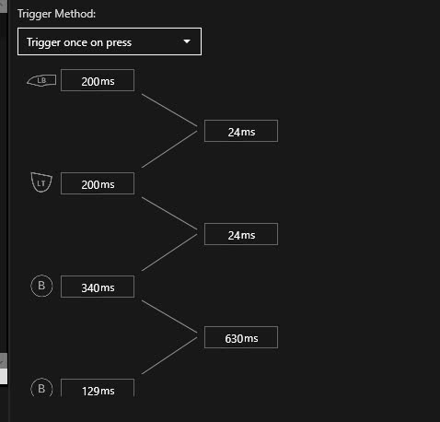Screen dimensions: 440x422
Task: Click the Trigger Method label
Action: coord(56,14)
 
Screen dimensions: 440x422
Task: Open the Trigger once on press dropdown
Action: coord(110,41)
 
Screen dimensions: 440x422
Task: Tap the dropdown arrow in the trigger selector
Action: coord(187,41)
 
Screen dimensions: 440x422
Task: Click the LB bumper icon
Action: coord(41,80)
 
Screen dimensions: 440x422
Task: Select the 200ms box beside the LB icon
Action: coord(98,80)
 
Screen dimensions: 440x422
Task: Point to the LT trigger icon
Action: coord(41,182)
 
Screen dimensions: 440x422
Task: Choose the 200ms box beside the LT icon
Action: coord(98,183)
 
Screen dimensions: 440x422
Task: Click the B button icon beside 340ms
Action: coord(41,286)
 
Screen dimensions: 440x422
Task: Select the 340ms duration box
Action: coord(98,287)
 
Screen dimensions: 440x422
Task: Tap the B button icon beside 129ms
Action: coord(41,388)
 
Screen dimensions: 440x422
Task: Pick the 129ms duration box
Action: coord(98,388)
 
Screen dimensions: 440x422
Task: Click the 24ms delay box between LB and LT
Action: coord(241,131)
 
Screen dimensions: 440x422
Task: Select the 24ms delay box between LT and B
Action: coord(241,234)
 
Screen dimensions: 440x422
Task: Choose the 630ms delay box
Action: coord(241,337)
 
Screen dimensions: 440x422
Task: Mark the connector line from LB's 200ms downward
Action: coord(169,111)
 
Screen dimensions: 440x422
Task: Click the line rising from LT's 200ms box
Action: coord(169,149)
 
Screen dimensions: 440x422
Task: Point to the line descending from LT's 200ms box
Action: coord(169,214)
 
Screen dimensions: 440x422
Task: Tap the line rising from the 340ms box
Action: coord(169,252)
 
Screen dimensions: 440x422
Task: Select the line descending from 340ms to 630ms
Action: coord(169,317)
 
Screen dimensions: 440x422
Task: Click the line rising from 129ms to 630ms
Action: coord(169,356)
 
